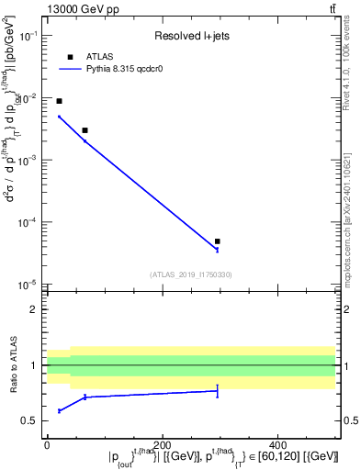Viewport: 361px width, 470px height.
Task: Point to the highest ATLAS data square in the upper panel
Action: point(60,101)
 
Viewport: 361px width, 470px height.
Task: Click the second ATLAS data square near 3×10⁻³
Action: point(85,130)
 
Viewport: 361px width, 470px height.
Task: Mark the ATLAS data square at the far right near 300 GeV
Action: point(218,241)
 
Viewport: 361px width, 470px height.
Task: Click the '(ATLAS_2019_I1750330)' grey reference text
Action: point(191,274)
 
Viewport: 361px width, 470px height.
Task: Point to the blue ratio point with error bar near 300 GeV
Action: point(218,391)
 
